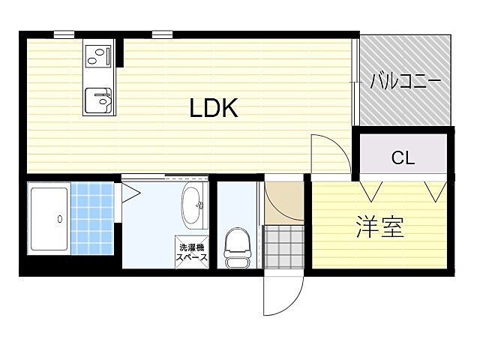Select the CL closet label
(403, 157)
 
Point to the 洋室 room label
(379, 227)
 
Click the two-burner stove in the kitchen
(97, 55)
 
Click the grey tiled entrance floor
(283, 245)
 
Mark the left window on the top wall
(64, 34)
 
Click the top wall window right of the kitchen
(161, 34)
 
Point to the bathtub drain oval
(59, 220)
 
